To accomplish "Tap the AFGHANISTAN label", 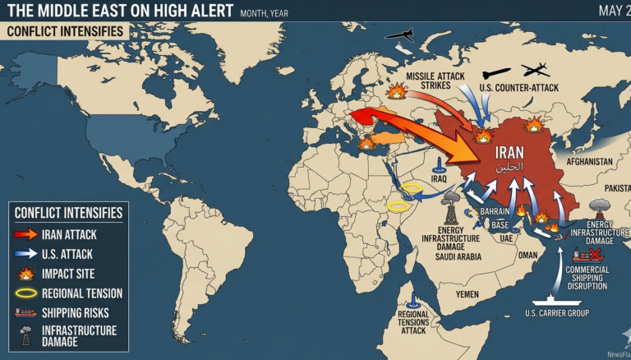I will click(584, 162).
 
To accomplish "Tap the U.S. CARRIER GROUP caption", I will click(556, 312).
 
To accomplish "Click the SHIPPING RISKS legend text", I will click(77, 312).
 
